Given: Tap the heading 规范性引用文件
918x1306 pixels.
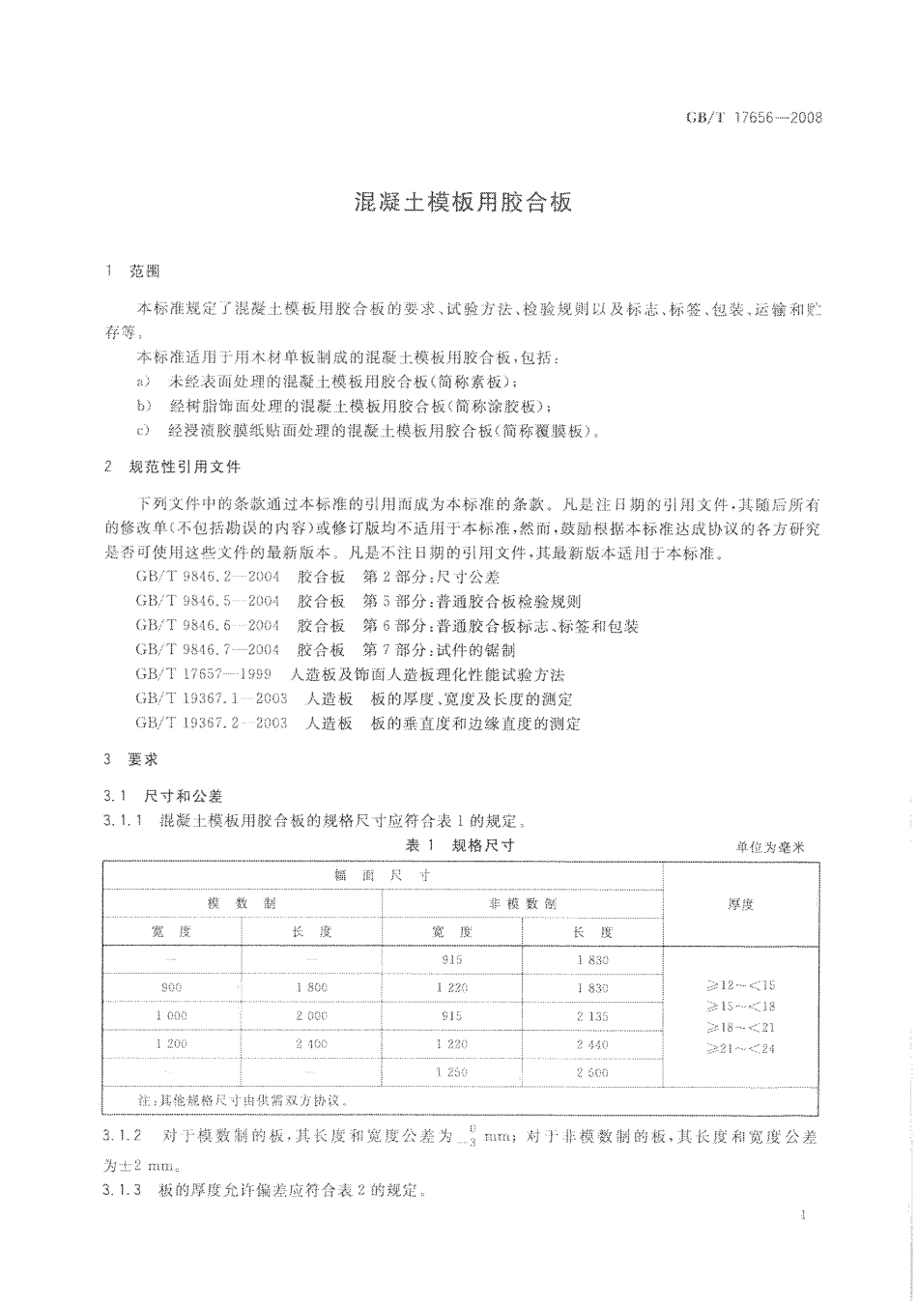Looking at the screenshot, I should click(x=185, y=467).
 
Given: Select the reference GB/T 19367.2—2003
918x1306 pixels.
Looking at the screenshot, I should click(x=212, y=723).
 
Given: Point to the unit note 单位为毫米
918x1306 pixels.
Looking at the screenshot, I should click(x=769, y=847).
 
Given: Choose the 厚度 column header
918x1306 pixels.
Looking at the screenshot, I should click(x=740, y=904).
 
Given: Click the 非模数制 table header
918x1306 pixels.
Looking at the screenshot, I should click(x=523, y=903).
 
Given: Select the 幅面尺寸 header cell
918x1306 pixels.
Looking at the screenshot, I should click(x=382, y=875).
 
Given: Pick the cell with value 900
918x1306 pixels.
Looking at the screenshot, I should click(x=171, y=988).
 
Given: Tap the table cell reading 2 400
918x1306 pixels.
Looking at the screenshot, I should click(x=311, y=1044).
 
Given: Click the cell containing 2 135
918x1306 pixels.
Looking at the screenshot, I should click(x=591, y=1016).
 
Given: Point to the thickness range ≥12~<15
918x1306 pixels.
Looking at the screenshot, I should click(x=742, y=986).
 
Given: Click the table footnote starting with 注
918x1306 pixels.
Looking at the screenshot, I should click(x=241, y=1100).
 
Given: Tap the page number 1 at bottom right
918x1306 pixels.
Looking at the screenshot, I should click(x=803, y=1216).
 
